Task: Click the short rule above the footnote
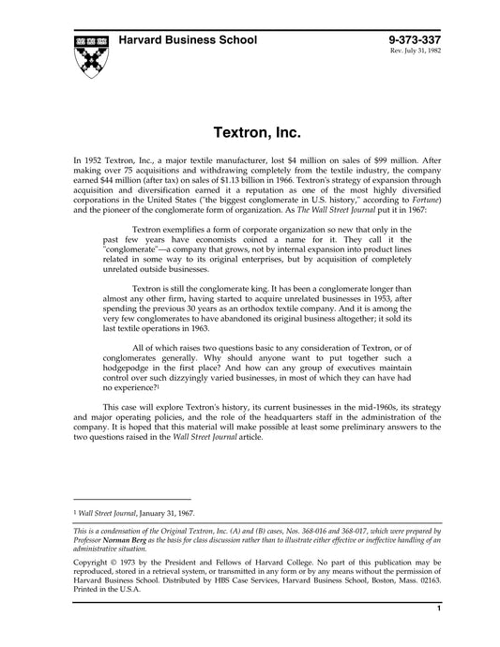[131, 499]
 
